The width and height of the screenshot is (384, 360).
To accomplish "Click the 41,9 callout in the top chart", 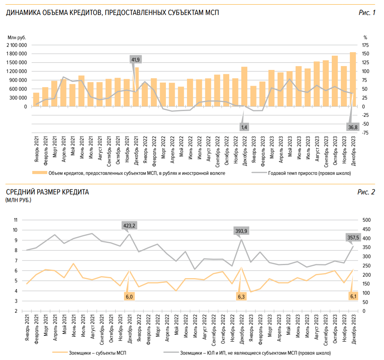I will [x=136, y=60].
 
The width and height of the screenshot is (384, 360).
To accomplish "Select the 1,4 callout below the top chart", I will [x=244, y=127].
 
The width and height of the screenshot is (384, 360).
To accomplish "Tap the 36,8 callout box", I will [x=353, y=127].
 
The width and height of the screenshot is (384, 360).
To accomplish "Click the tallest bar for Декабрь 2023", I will [x=353, y=79].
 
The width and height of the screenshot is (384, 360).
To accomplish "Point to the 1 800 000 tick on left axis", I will [x=17, y=54].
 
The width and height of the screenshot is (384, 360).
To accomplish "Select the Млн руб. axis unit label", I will [x=17, y=37].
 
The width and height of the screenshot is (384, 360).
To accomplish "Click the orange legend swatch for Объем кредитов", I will [x=40, y=173].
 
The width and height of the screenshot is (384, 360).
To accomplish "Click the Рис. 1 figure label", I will [x=367, y=13].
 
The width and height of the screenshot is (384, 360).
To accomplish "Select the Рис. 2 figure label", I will [x=367, y=192].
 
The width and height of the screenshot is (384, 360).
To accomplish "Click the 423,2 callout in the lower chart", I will [x=129, y=226].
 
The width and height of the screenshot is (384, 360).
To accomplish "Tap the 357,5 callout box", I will [x=353, y=238].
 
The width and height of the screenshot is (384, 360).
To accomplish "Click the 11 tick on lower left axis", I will [x=16, y=220].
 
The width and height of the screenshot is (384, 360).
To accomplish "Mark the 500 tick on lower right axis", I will [x=366, y=220].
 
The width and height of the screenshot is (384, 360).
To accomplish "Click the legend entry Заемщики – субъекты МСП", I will [x=96, y=352].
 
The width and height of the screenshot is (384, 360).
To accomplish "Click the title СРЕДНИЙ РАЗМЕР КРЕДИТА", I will [x=47, y=192].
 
